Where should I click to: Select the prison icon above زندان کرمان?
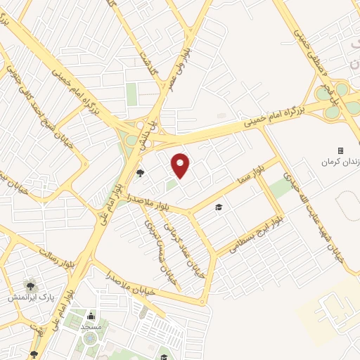point(340,150)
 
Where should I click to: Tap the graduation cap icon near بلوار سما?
point(219,207)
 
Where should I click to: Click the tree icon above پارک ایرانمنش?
point(30,285)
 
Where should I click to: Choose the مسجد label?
point(91,327)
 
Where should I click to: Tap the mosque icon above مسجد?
point(91,316)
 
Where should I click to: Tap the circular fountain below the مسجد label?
point(90,339)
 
